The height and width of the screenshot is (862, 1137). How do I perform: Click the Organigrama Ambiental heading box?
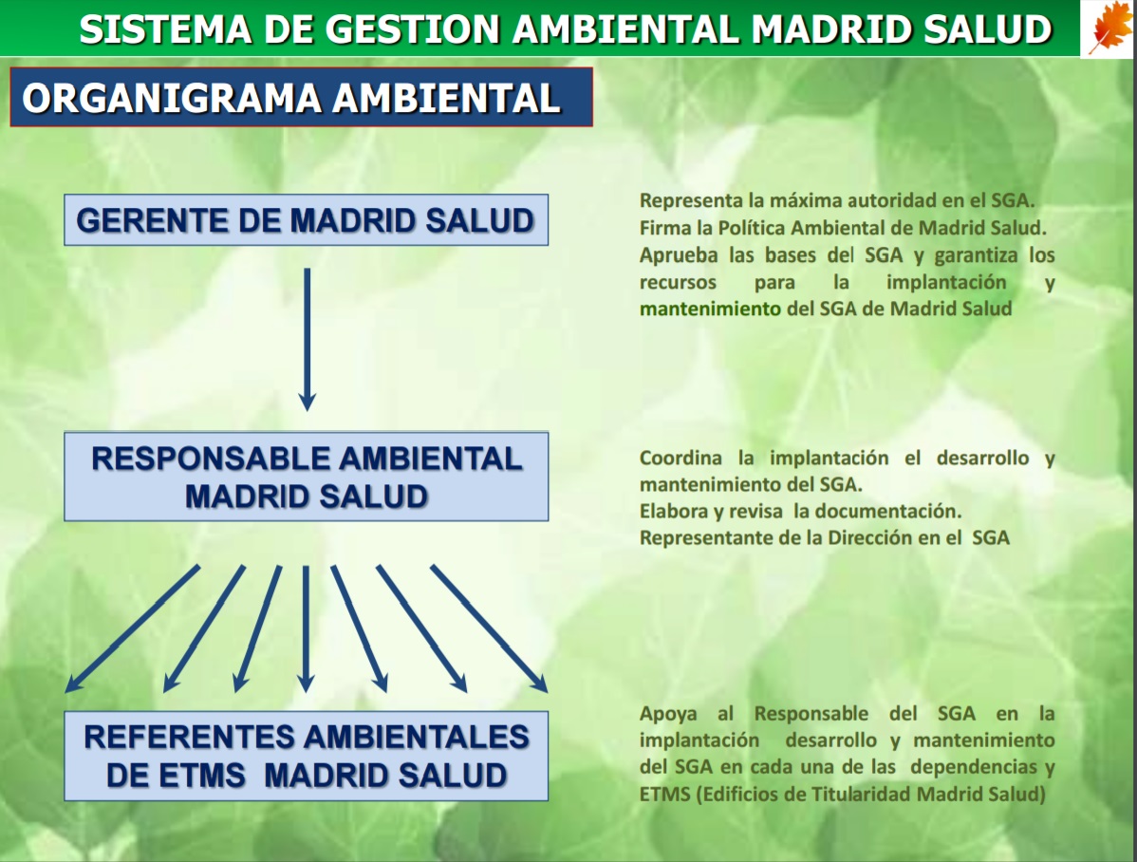(301, 97)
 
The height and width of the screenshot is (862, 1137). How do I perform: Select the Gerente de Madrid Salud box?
(306, 220)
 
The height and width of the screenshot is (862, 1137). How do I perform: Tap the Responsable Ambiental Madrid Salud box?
(306, 477)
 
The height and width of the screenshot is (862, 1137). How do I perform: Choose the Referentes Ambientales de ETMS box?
(306, 756)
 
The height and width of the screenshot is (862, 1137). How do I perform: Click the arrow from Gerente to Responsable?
(307, 340)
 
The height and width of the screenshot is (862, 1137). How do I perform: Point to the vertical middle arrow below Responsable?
(306, 628)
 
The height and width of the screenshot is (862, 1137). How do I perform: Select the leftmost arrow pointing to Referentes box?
(133, 628)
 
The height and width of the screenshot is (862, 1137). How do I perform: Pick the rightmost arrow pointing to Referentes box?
(489, 628)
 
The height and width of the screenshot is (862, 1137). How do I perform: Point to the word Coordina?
(680, 458)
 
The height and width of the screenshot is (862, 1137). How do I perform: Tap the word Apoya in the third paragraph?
(668, 714)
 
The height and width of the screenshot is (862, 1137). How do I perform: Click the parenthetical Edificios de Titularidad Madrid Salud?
(871, 794)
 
